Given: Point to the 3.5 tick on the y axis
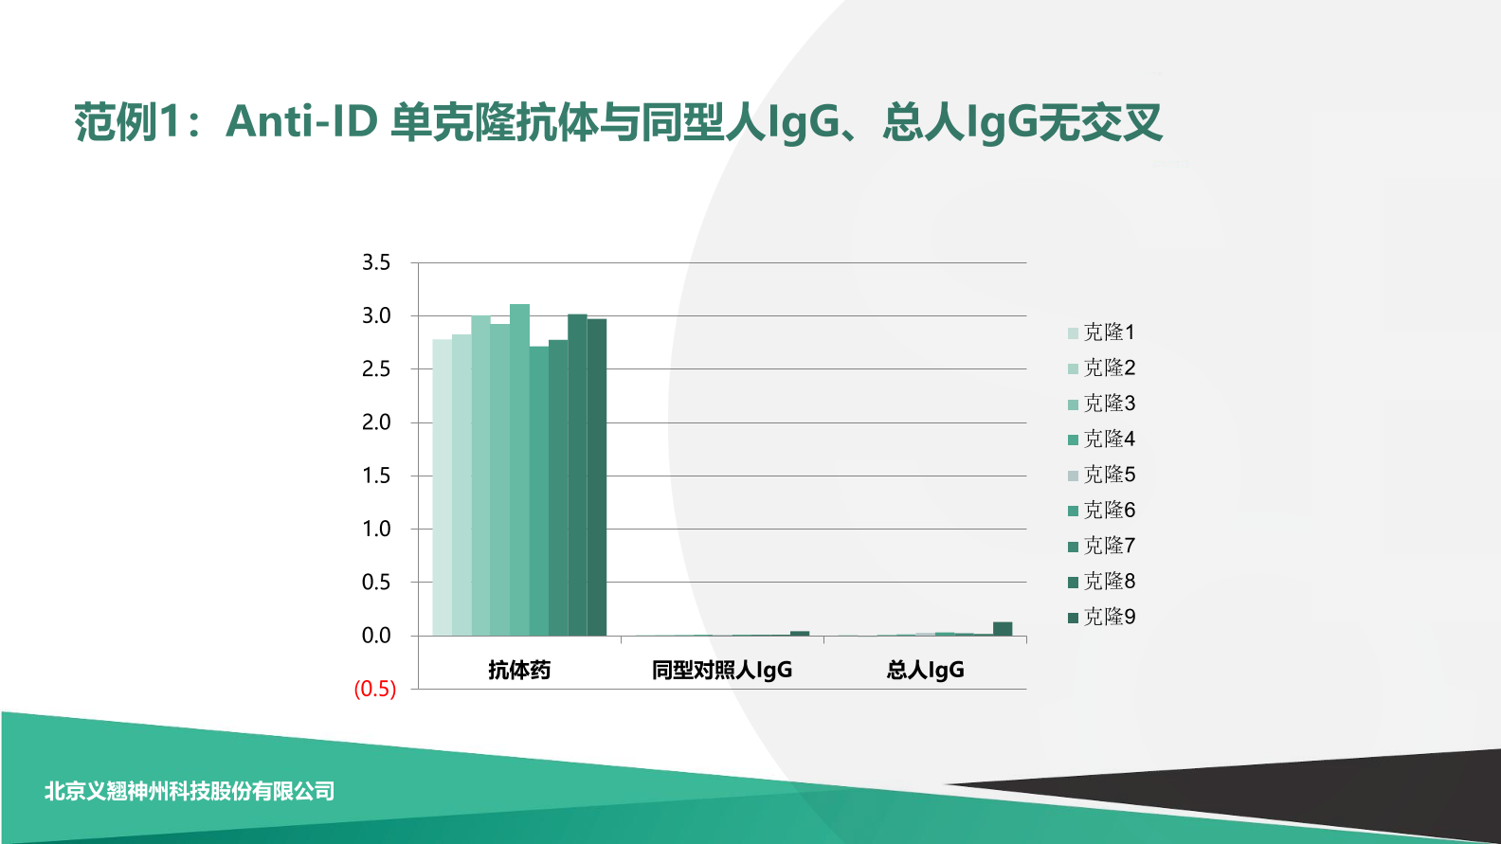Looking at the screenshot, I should (376, 262).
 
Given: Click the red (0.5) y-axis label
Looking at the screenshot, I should (375, 689).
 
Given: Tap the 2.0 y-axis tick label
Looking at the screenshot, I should (376, 422).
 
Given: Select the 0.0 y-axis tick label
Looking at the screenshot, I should (376, 636).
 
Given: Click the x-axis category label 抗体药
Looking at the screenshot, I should (519, 671).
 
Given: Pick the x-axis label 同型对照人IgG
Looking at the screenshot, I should (722, 671).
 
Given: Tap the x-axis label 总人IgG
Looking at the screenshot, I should (926, 671).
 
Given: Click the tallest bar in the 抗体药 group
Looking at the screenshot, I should (519, 470).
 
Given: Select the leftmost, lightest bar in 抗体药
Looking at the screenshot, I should (442, 487).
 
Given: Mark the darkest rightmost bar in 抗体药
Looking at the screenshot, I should (597, 477).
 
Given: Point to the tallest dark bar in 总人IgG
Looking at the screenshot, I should (1003, 629).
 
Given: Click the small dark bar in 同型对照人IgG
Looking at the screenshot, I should (800, 633).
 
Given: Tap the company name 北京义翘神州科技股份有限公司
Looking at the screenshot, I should (190, 791).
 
